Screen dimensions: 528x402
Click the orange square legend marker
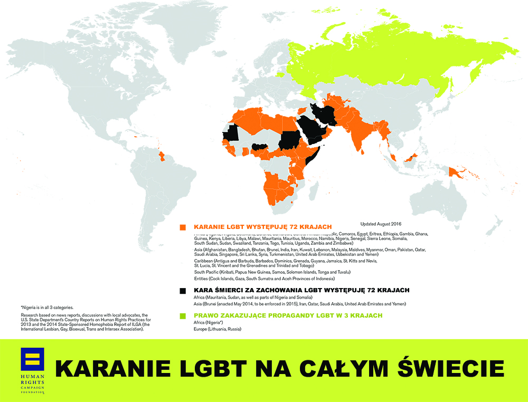(x=183, y=227)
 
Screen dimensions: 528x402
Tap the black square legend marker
(x=183, y=291)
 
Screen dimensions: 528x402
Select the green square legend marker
(x=183, y=315)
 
